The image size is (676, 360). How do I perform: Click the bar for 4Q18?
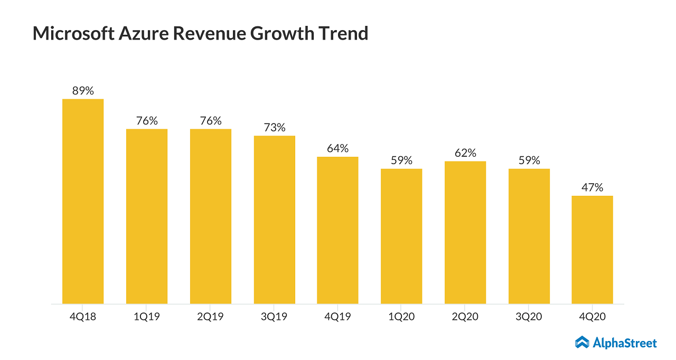(x=83, y=201)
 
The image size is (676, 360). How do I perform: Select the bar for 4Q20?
(x=593, y=250)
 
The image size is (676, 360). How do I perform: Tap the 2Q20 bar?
(x=465, y=232)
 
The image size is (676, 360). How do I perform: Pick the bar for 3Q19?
(x=275, y=220)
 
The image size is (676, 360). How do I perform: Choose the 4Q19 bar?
(x=337, y=230)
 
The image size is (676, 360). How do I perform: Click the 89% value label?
(x=83, y=91)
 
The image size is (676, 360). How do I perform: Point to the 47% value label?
(x=593, y=187)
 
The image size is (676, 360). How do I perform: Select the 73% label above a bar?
(x=275, y=127)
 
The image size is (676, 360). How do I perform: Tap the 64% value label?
(x=337, y=148)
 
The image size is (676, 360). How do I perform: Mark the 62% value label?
(x=465, y=153)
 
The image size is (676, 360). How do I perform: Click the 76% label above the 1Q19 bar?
(x=147, y=120)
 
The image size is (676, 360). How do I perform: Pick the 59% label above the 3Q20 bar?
(x=529, y=160)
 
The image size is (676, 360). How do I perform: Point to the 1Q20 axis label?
(x=401, y=317)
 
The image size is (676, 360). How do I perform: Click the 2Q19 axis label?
(x=211, y=317)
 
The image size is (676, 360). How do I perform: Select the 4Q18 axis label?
(x=83, y=317)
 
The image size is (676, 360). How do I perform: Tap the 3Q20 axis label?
(x=529, y=317)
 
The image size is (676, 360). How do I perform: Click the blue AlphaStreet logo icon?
(x=582, y=343)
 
